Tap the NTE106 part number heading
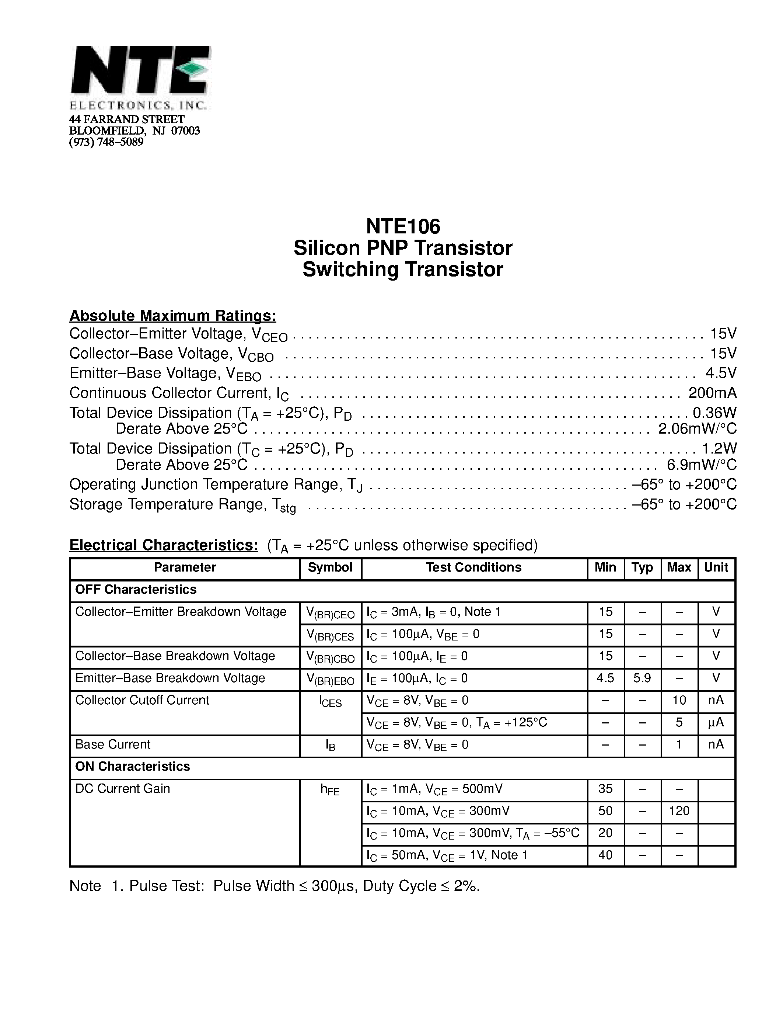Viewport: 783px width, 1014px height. (403, 226)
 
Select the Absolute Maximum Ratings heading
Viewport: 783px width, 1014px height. (172, 316)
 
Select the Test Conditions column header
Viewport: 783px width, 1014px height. (473, 567)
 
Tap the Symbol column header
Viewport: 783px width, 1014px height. (330, 567)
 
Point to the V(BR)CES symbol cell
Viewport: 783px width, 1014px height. (330, 636)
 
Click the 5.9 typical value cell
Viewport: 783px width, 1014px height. (642, 678)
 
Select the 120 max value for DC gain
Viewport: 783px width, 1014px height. (679, 811)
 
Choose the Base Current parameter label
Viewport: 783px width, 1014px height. (113, 745)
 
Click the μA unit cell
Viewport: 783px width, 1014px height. (716, 722)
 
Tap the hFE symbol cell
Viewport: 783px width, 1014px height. (330, 790)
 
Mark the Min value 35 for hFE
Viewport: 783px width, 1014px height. (605, 789)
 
